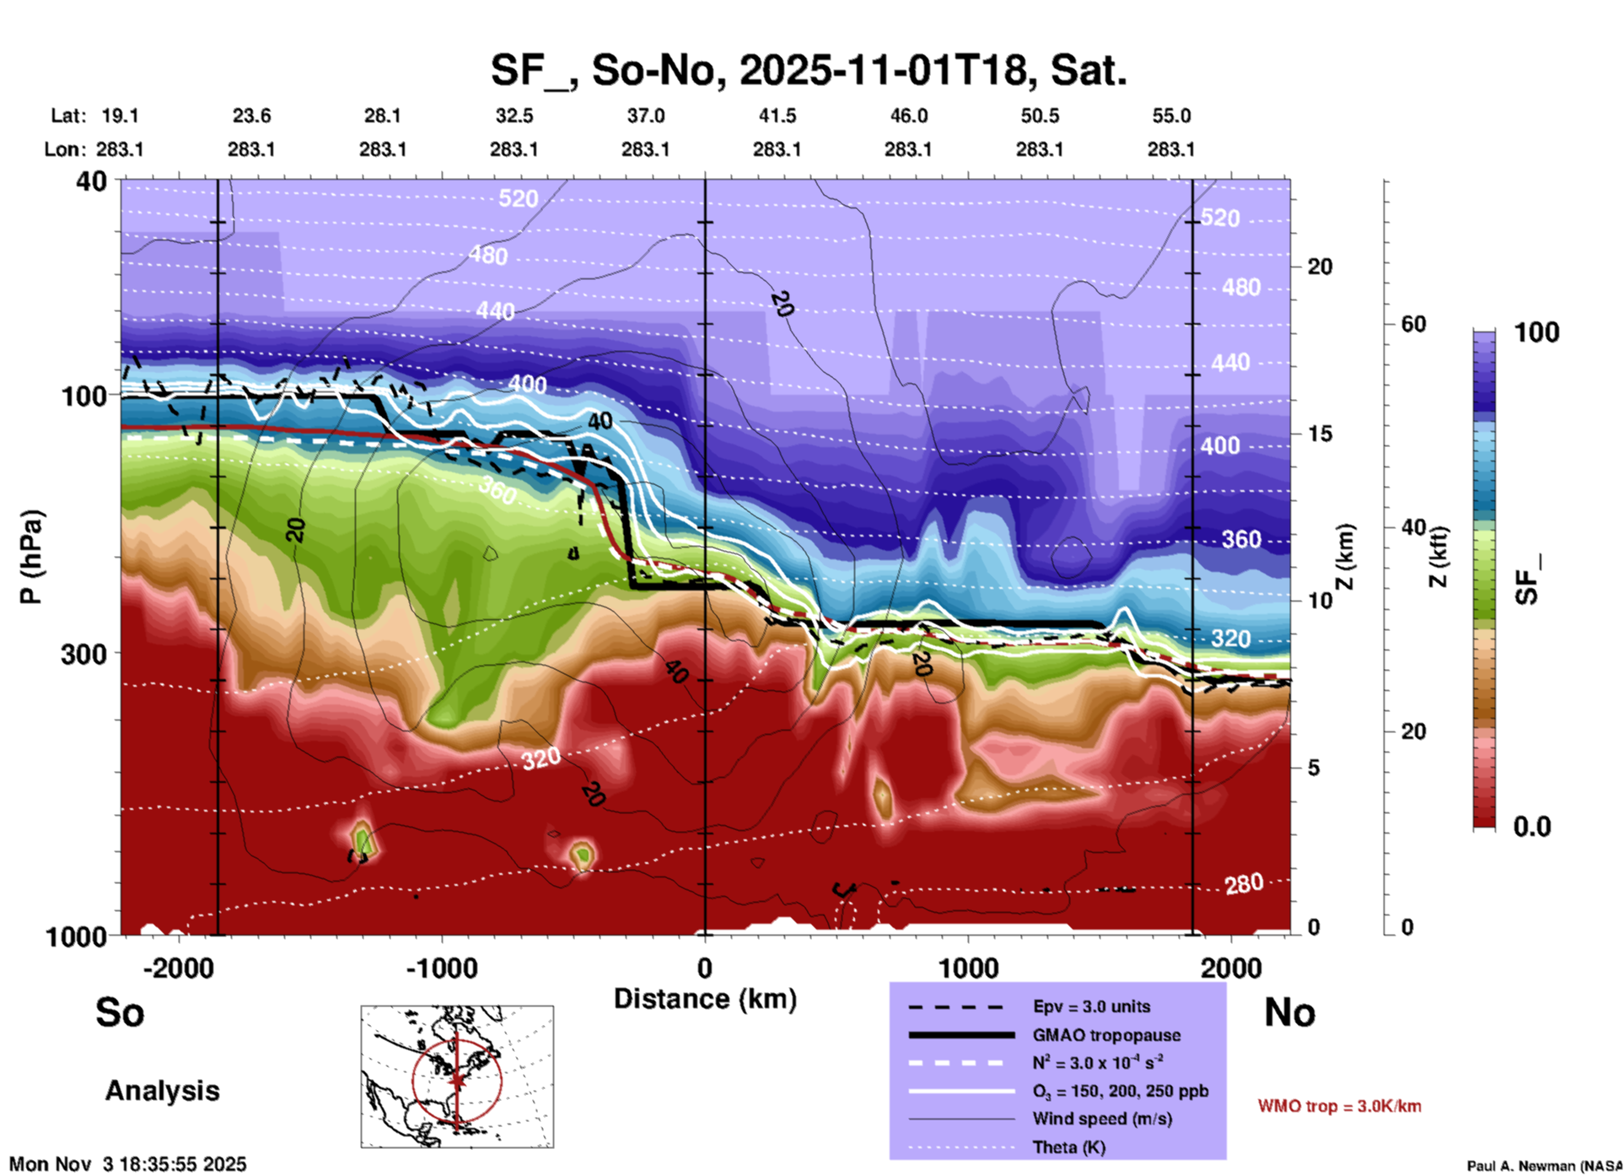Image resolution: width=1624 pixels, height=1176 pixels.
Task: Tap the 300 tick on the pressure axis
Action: pos(84,654)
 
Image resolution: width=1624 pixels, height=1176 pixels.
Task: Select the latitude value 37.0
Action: pos(645,116)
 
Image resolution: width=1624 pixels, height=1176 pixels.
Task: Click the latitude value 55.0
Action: pos(1171,116)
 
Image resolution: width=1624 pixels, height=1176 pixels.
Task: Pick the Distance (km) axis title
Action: pos(705,999)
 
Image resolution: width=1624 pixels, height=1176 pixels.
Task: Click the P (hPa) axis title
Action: pos(31,557)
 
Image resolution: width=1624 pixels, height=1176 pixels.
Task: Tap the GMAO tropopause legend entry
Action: pos(1106,1035)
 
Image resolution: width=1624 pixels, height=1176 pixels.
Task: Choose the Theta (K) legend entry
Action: pos(1070,1147)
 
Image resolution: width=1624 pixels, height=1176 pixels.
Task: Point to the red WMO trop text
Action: pos(1339,1106)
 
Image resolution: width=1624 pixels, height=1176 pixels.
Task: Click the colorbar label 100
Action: pos(1536,332)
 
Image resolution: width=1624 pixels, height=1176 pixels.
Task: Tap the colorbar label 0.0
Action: pos(1531,827)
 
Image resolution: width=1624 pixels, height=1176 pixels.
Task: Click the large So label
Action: pos(120,1012)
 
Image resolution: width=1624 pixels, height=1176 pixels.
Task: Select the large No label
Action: pos(1289,1012)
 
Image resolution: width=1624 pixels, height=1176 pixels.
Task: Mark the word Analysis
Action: pos(162,1091)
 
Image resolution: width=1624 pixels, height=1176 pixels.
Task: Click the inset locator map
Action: pos(457,1076)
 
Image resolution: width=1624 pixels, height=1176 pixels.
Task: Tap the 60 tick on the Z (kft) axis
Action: pos(1413,324)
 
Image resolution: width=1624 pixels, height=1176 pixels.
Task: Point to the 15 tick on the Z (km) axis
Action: pos(1320,434)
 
